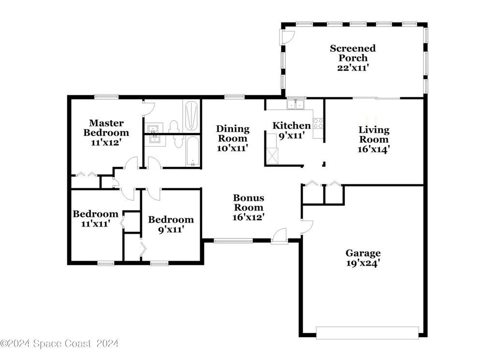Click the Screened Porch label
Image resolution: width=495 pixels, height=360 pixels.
(352, 53)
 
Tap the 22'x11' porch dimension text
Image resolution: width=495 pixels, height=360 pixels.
(353, 68)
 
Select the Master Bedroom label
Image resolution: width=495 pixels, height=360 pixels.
(106, 128)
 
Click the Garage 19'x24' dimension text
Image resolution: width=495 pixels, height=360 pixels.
(363, 263)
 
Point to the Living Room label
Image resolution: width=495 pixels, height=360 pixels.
(374, 135)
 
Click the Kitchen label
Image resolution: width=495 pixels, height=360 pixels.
(291, 125)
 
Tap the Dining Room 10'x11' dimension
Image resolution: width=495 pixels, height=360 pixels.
(233, 148)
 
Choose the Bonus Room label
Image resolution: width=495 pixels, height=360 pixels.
(248, 203)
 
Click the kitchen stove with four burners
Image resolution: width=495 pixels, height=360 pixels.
(318, 123)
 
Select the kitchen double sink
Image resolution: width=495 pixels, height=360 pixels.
(295, 105)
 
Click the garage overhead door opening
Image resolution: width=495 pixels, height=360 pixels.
(367, 333)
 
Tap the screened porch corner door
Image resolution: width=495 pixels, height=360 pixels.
(287, 37)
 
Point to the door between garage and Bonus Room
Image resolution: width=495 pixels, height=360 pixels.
(306, 227)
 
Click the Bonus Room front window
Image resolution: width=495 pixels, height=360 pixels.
(233, 241)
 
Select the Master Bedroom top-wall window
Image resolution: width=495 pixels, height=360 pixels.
(106, 97)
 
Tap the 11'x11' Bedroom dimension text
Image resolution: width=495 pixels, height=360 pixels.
(96, 224)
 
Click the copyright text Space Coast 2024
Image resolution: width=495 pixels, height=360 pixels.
(59, 344)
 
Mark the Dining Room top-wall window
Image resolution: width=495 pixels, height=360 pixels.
(234, 97)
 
